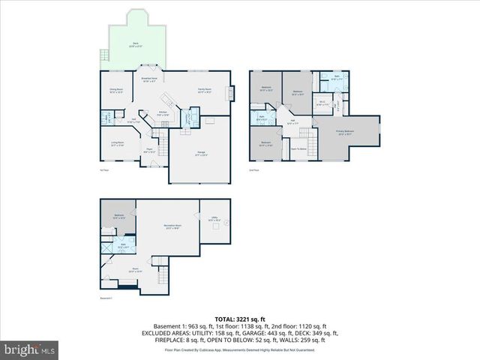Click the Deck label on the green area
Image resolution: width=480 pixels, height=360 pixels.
pos(136,44)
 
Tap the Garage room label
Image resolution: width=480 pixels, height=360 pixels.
pos(202,154)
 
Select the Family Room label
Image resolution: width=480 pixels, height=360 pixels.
pos(204,90)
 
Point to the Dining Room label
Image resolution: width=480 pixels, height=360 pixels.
pos(116,91)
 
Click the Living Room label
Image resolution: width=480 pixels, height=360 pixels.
pos(118,144)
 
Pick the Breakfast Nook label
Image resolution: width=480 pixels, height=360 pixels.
pos(149,79)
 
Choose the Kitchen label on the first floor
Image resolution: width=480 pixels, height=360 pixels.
pos(162,113)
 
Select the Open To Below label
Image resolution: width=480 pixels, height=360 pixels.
pos(299,149)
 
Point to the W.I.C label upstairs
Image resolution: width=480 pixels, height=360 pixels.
pos(321,103)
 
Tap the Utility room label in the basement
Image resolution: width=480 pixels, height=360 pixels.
pos(214,220)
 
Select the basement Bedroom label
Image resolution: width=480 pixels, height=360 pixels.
pos(118,217)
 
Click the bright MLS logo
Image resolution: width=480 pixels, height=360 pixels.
pos(30,349)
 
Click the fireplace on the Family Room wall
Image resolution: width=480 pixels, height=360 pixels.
pos(231,92)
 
